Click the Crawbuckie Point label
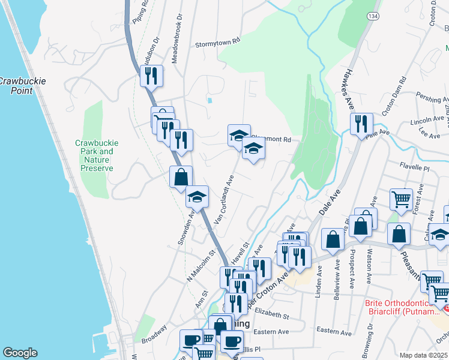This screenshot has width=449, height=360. [16, 85]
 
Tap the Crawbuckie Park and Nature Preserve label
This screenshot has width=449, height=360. [97, 155]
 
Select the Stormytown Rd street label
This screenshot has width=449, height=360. [218, 44]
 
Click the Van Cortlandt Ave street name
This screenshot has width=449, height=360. [223, 197]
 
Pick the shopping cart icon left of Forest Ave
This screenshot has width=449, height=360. [401, 199]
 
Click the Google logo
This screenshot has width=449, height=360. [19, 353]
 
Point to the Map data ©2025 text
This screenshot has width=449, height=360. [423, 355]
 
